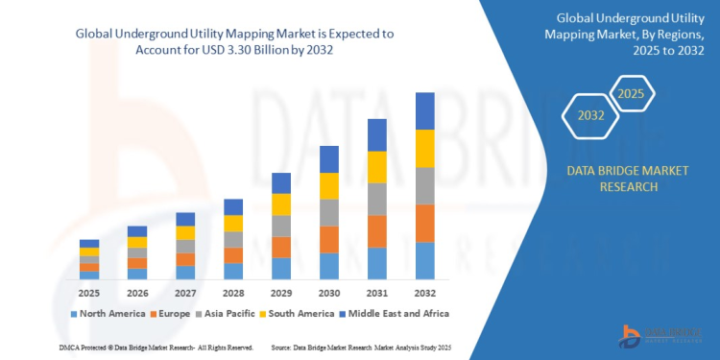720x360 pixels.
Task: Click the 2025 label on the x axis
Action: (x=89, y=292)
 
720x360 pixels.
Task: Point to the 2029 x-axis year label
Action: (x=280, y=292)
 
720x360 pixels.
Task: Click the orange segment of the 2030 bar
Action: (x=328, y=239)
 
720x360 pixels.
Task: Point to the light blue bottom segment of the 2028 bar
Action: (x=233, y=271)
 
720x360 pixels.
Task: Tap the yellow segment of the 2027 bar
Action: (x=185, y=232)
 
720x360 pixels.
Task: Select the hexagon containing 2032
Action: (x=590, y=117)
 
